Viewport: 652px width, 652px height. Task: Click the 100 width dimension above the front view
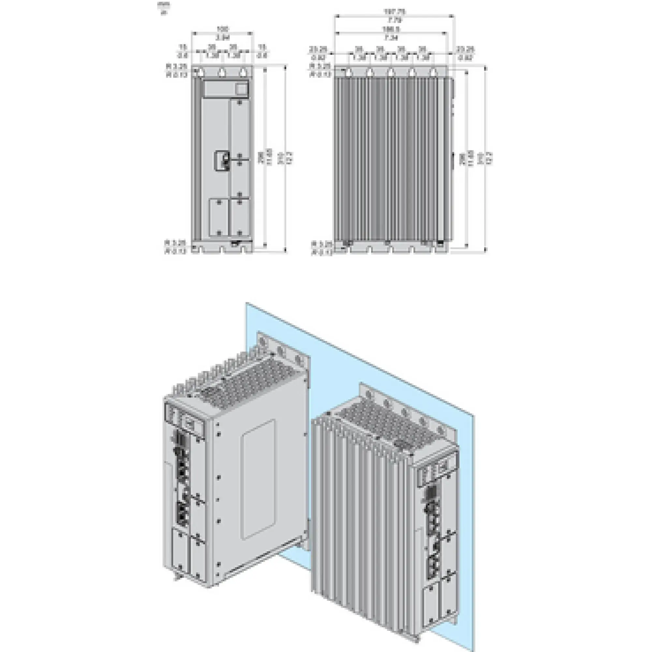pos(222,29)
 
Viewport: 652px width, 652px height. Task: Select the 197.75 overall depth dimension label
pos(394,12)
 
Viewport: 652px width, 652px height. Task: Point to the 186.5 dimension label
pos(392,29)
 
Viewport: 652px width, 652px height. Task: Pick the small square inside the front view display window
pos(242,89)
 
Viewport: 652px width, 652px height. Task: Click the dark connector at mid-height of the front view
pos(222,161)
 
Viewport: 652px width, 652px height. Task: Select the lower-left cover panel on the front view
pos(219,217)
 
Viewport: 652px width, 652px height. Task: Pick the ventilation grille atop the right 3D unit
pos(388,429)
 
